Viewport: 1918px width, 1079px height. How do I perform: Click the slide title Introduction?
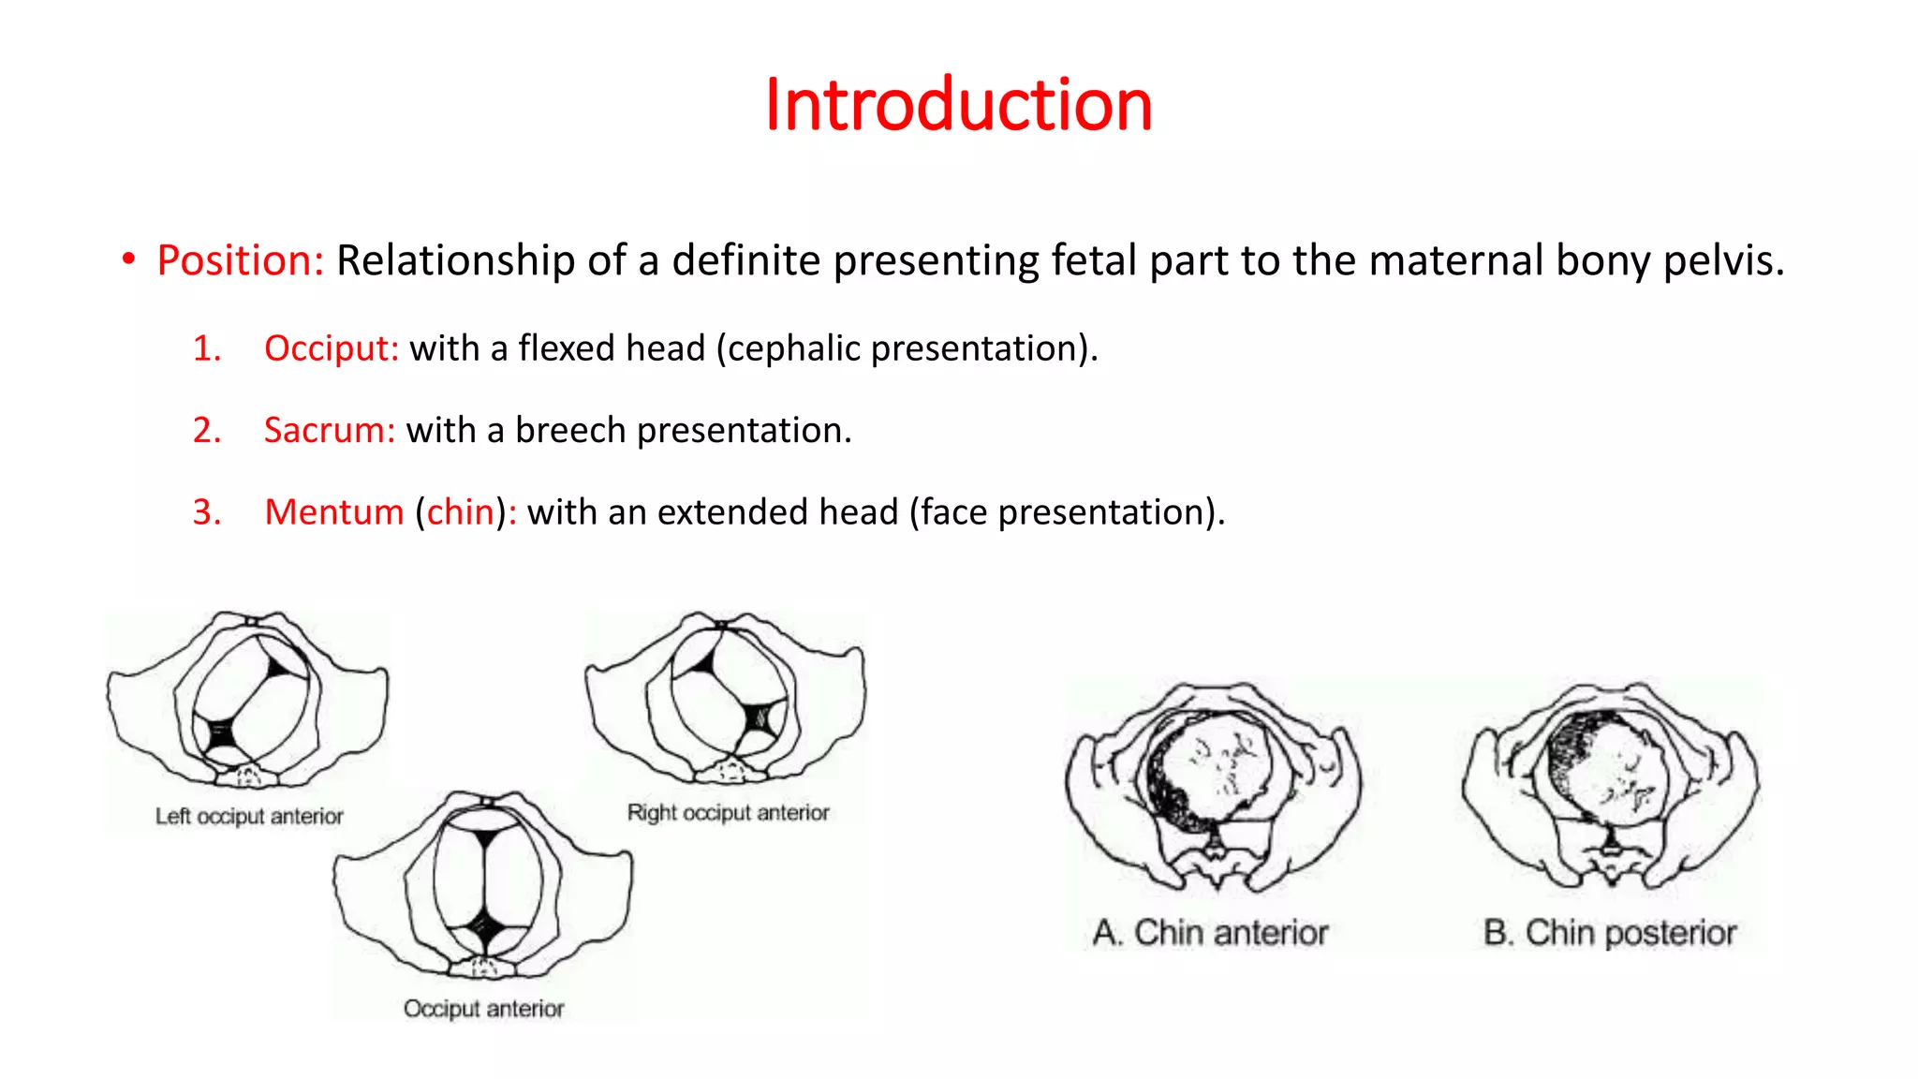(958, 104)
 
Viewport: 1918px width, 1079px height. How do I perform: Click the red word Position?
(240, 260)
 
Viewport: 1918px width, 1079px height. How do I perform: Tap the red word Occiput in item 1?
(331, 348)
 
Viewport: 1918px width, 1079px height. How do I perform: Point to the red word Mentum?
(333, 512)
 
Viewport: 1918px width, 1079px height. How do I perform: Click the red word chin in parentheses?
(460, 512)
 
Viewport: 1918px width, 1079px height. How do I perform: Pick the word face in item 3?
(954, 512)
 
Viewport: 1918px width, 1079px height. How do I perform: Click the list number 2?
(207, 430)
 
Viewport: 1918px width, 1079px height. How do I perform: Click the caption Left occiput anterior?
(249, 816)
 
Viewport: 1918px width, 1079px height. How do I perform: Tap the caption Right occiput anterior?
(728, 812)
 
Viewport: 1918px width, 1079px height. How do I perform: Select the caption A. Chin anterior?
(1210, 933)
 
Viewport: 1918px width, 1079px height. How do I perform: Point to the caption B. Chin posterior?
(1610, 933)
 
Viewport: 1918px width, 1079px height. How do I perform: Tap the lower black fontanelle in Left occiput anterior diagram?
(221, 733)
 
